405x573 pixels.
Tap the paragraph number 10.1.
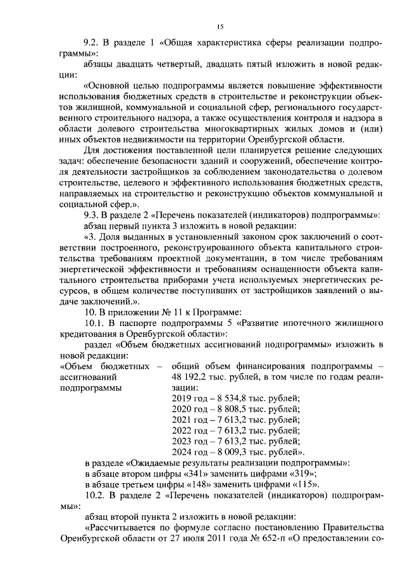click(x=96, y=322)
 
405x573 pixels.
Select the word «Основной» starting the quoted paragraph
click(x=107, y=85)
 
